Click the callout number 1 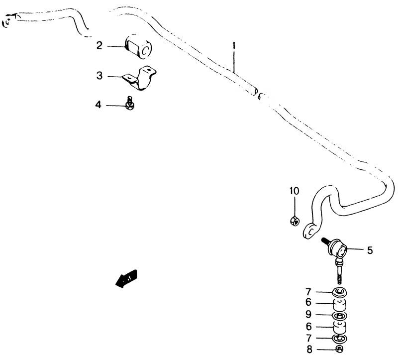[234, 46]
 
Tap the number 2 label [99, 46]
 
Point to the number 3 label [99, 76]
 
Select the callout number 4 [98, 105]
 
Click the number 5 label [370, 250]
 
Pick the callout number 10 [295, 191]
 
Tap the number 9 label [308, 315]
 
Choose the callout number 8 [309, 350]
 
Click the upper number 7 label [308, 292]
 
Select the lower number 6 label [308, 326]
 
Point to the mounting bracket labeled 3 [140, 78]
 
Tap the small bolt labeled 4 [130, 104]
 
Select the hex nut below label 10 [295, 220]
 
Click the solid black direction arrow [126, 279]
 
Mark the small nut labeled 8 [340, 350]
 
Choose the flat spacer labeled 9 [340, 316]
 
